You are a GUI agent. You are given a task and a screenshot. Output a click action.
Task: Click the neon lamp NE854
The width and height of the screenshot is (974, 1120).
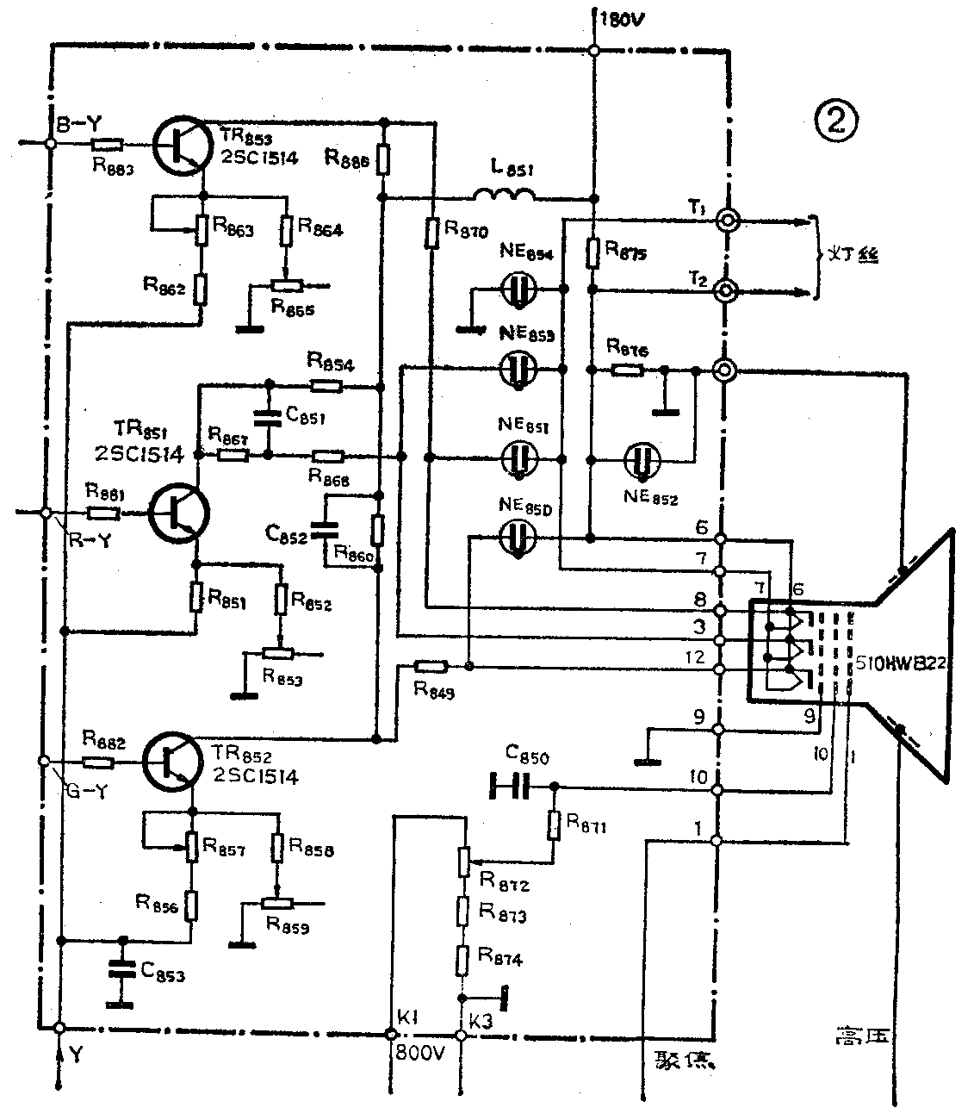pos(518,290)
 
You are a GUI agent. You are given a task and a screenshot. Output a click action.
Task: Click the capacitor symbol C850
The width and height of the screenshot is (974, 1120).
pos(508,786)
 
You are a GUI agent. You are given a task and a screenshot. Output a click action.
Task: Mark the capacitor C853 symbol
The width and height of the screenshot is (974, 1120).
pos(121,970)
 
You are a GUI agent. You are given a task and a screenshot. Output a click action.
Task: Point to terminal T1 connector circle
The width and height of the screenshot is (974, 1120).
pos(726,221)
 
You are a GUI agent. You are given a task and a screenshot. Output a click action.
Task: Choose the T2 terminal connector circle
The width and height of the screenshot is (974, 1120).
pos(726,291)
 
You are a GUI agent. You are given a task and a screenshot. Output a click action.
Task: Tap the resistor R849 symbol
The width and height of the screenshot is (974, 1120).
pos(430,666)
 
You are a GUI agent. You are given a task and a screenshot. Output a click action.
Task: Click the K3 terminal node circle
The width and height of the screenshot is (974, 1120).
pos(460,1034)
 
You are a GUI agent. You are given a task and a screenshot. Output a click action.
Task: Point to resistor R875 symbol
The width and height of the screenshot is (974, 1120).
pos(592,252)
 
